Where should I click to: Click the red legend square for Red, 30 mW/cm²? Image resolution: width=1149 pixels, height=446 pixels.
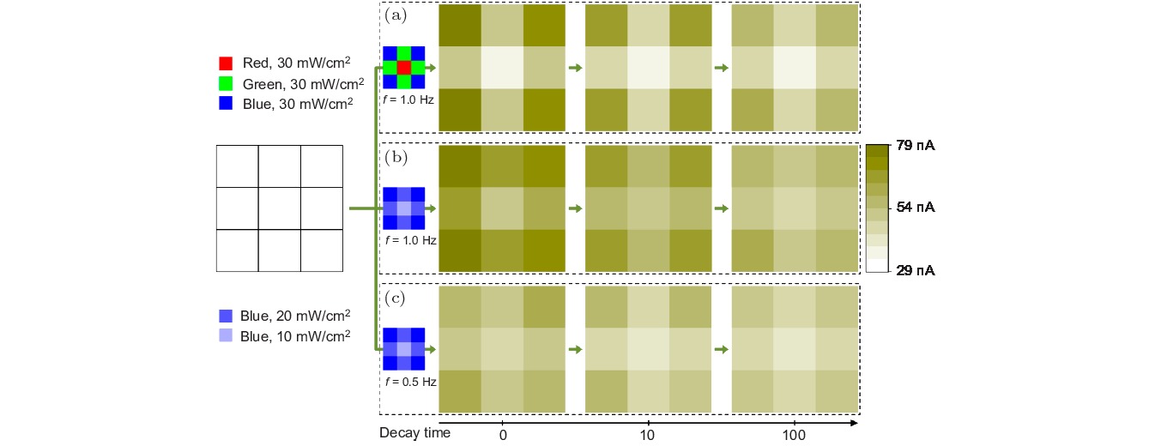[226, 63]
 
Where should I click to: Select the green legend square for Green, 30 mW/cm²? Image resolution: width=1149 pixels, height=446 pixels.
[226, 83]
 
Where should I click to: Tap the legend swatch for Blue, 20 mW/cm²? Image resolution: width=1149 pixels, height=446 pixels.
[226, 316]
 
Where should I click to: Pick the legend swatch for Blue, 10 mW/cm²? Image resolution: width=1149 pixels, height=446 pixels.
[226, 336]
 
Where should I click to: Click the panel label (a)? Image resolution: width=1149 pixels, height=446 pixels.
[397, 15]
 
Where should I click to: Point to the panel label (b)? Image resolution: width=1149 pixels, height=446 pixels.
[397, 158]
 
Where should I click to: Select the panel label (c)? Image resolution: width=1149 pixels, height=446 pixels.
[397, 299]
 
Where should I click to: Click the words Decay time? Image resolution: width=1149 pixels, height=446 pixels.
[414, 433]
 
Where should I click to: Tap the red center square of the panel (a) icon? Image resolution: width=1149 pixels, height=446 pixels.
[404, 68]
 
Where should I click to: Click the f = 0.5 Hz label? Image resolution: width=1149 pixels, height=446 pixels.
[409, 382]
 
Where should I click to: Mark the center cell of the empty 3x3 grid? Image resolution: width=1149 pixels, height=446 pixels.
[279, 208]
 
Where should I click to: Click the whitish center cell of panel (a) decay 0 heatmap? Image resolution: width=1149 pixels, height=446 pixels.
[502, 68]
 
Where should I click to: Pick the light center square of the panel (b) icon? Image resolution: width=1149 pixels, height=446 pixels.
[404, 208]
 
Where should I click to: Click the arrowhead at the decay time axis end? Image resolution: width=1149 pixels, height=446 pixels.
[854, 423]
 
